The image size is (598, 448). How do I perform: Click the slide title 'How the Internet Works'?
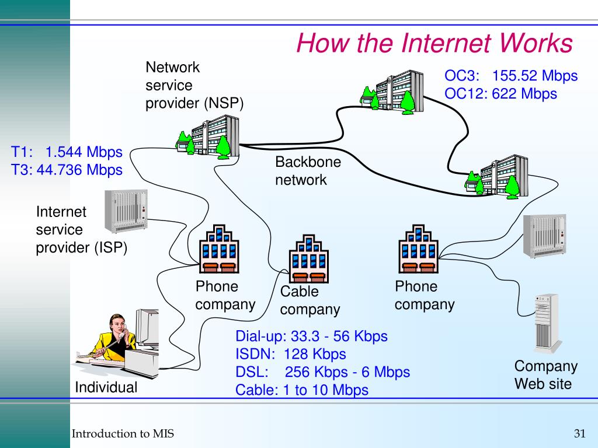tap(434, 43)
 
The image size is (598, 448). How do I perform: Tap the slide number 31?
tap(579, 433)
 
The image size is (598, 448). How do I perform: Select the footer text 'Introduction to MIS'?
tap(123, 433)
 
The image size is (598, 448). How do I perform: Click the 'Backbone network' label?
tap(308, 171)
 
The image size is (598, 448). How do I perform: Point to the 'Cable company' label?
tap(310, 300)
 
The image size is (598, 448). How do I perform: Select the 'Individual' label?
tap(106, 387)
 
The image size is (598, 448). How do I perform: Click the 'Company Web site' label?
tap(545, 375)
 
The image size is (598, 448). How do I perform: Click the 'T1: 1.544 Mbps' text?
tap(67, 152)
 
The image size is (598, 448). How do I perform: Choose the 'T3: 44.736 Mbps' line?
tap(67, 170)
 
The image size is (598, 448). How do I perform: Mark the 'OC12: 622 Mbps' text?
tap(500, 93)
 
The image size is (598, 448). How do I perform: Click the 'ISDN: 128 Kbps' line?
tap(290, 354)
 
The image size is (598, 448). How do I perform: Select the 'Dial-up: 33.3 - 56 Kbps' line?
tap(311, 337)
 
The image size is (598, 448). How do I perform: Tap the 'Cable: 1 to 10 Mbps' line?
tap(301, 390)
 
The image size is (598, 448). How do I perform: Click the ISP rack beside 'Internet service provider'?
tap(125, 211)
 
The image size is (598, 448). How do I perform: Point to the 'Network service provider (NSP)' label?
tap(194, 85)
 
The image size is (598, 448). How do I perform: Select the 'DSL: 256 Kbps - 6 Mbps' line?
tap(322, 372)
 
